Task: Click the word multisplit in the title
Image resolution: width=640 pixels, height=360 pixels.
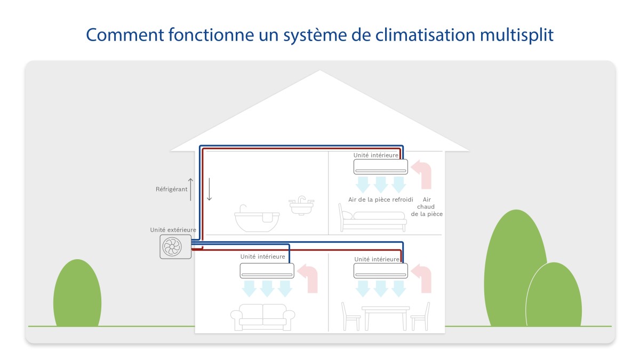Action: point(517,35)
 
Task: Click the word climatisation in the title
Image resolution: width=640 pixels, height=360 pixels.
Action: point(425,35)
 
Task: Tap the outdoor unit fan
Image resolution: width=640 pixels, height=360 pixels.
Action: point(172,246)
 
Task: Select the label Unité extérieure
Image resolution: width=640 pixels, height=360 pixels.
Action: point(173,230)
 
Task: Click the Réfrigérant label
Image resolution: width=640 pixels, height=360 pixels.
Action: point(171,189)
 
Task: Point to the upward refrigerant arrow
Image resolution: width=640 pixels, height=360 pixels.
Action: point(190,189)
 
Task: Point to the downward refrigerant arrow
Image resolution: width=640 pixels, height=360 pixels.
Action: point(209,189)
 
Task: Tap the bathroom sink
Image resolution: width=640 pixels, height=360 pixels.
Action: point(301,205)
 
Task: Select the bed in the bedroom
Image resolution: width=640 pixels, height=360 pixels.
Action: point(373,218)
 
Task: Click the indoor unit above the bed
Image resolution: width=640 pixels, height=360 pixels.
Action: point(381,166)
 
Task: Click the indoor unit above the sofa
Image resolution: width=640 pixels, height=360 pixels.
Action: point(267,270)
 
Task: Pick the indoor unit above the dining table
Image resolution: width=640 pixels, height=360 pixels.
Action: point(381,270)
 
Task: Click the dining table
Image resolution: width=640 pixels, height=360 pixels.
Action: point(386,318)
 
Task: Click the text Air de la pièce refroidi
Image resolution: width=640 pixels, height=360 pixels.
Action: point(381,199)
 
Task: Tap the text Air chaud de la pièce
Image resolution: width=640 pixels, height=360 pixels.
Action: point(427,206)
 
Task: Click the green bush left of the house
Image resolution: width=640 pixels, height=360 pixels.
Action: point(77,293)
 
